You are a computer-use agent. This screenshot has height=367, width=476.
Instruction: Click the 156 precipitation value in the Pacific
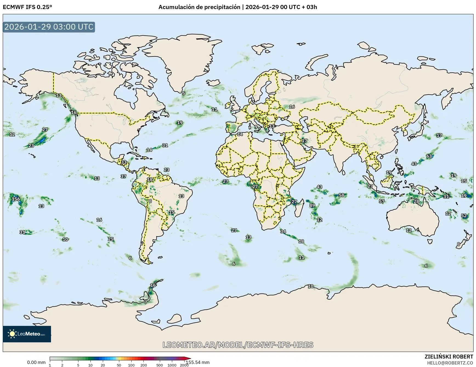tap(16, 199)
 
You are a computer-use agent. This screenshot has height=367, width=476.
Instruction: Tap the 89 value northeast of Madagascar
tap(312, 205)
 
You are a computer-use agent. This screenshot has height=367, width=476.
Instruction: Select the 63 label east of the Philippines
tap(429, 156)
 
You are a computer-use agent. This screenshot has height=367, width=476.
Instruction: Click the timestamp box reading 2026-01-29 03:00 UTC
tap(49, 27)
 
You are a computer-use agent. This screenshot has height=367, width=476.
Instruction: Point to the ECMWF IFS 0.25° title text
tap(27, 7)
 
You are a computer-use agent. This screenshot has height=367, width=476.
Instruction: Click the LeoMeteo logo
tap(27, 334)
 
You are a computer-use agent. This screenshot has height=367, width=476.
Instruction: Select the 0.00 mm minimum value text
tap(36, 362)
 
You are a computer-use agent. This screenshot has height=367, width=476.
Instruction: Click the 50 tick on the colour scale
tap(119, 365)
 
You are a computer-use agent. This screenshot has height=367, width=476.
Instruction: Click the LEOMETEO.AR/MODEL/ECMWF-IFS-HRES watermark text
tap(238, 345)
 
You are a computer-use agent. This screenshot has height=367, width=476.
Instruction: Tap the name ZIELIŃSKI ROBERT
tap(449, 357)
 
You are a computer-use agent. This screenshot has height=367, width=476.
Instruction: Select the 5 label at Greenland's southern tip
tap(184, 93)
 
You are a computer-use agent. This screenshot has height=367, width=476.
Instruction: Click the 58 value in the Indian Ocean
tap(341, 195)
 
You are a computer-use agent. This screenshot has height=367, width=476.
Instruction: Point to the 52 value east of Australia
tap(464, 216)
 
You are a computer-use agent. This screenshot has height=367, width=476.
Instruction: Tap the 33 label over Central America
tap(124, 162)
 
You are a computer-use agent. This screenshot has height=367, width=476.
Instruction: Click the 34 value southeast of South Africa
tap(283, 231)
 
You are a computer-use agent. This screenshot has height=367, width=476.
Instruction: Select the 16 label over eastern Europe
tap(292, 107)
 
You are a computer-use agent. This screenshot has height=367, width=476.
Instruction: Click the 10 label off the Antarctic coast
tap(310, 286)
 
